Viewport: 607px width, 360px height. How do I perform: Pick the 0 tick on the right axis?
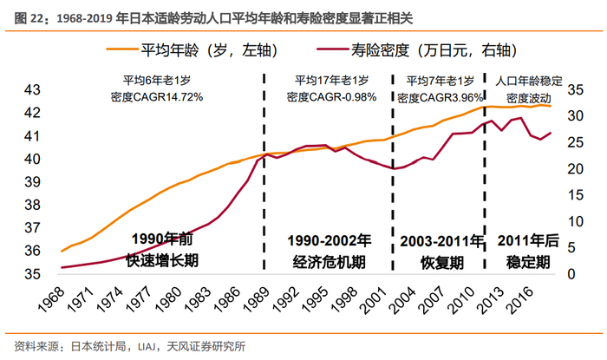point(573,274)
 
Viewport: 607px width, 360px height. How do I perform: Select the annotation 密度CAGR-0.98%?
point(329,97)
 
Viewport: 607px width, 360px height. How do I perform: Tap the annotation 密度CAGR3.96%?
point(438,97)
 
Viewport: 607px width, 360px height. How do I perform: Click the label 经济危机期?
point(329,260)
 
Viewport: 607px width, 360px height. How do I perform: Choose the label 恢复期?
point(438,260)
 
